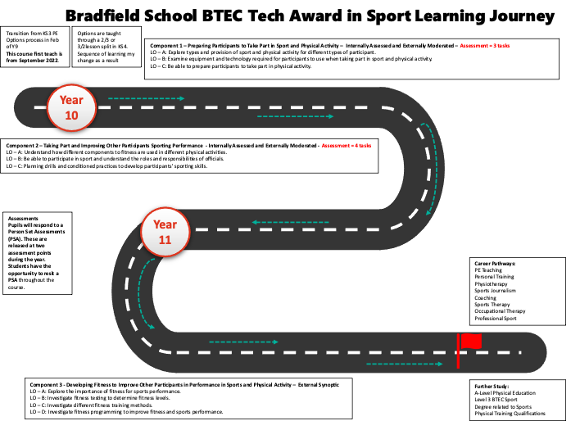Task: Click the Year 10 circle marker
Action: (71, 107)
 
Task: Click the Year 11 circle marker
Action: (165, 232)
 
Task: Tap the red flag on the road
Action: (469, 350)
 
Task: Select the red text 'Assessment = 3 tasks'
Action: (485, 46)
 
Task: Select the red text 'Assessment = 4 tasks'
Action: (347, 146)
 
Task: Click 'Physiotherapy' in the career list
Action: (491, 284)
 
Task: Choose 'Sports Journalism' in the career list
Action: (495, 291)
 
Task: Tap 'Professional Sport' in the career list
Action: (496, 319)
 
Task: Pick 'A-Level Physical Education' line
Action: (505, 393)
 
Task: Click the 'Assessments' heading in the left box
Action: (23, 218)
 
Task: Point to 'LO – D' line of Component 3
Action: (126, 412)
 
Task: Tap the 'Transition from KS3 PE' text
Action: (32, 34)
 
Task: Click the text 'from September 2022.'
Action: (33, 61)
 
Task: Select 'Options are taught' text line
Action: (99, 34)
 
